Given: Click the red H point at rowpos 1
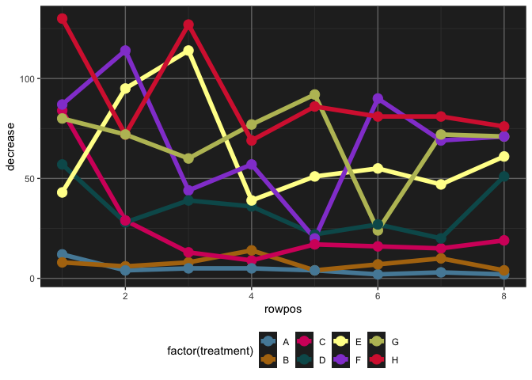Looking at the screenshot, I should pyautogui.click(x=63, y=18).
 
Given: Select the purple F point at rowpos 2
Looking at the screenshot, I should pyautogui.click(x=125, y=51).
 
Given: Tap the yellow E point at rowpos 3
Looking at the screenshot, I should pyautogui.click(x=188, y=51).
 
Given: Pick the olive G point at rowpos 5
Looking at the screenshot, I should pyautogui.click(x=314, y=95).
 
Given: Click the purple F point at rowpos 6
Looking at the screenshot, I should pyautogui.click(x=378, y=99).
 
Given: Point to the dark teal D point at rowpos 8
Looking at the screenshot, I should pyautogui.click(x=504, y=177).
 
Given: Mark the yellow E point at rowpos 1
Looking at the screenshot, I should pyautogui.click(x=63, y=192).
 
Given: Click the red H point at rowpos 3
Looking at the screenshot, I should pyautogui.click(x=188, y=25).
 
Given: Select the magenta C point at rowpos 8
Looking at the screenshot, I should pyautogui.click(x=504, y=241).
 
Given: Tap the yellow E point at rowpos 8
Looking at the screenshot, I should pyautogui.click(x=504, y=157).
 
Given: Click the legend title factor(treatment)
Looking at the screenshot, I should pyautogui.click(x=210, y=351).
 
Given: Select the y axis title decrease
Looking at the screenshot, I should pyautogui.click(x=12, y=146).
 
